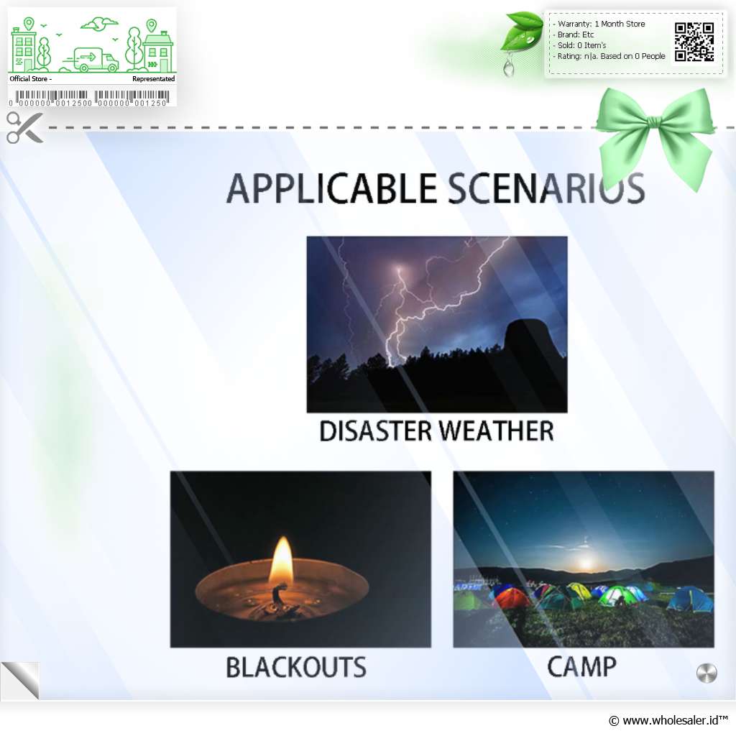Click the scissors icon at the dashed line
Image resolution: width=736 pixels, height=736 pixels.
[24, 128]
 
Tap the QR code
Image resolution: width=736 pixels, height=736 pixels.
[694, 42]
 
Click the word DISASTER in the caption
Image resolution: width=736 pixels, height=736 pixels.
[375, 431]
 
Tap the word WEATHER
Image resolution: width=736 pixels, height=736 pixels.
[497, 431]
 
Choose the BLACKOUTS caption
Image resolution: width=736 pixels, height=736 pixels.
[295, 667]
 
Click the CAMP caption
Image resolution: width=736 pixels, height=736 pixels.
[581, 666]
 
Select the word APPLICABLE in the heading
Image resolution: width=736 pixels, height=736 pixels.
[332, 189]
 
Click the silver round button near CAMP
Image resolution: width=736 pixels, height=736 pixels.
[707, 673]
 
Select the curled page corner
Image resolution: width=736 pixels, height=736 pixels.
[20, 681]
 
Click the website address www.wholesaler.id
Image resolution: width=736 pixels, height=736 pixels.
[671, 720]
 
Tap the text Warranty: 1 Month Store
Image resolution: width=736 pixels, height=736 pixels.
[602, 24]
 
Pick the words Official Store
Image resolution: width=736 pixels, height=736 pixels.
[29, 79]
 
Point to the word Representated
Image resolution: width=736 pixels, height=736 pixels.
[154, 79]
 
